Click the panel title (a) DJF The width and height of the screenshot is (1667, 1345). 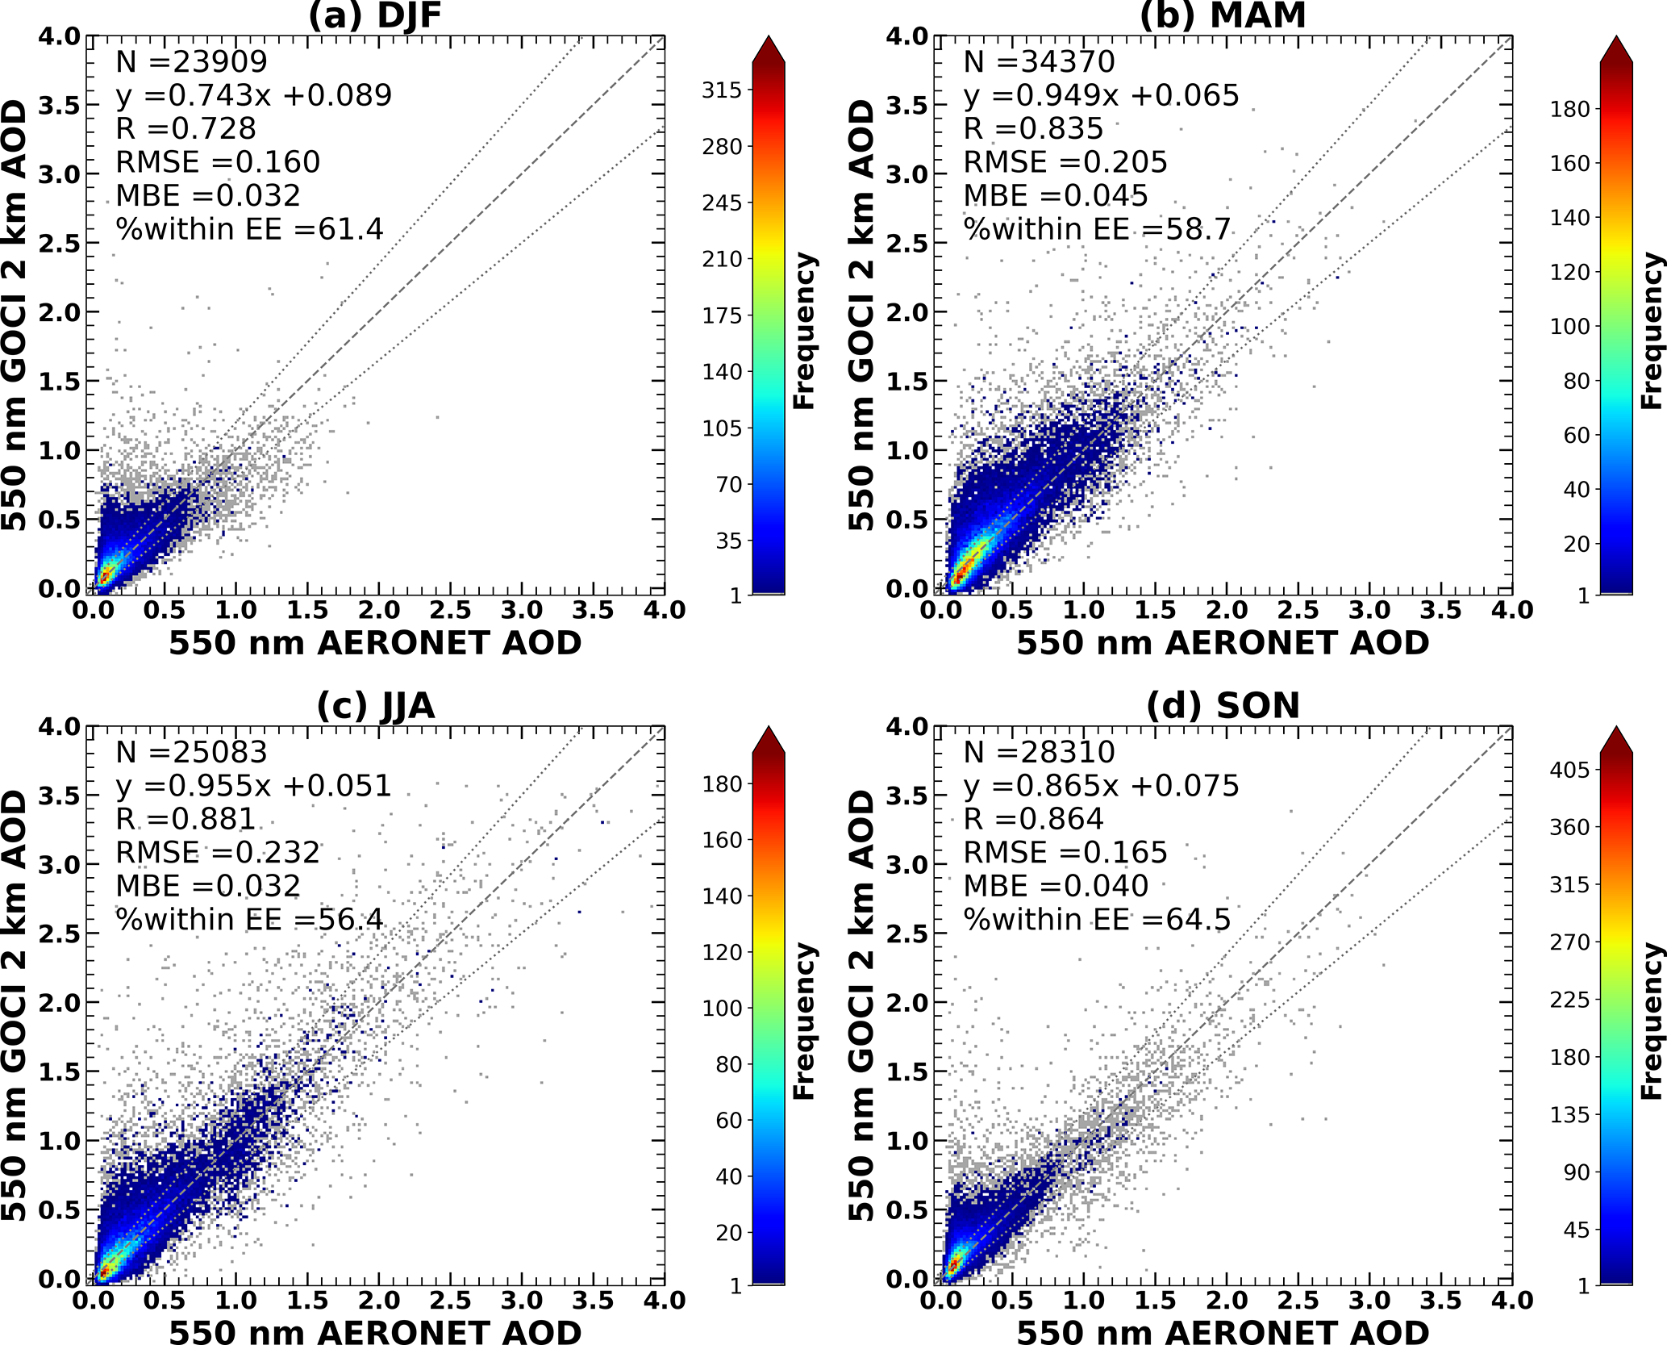pyautogui.click(x=375, y=16)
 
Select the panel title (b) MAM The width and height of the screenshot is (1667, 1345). pyautogui.click(x=1223, y=16)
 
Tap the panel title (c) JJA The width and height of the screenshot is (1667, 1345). pyautogui.click(x=375, y=706)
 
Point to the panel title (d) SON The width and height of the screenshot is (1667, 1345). pyautogui.click(x=1223, y=706)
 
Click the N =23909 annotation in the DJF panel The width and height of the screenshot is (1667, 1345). pyautogui.click(x=191, y=61)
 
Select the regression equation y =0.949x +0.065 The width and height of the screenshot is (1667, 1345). pyautogui.click(x=1101, y=95)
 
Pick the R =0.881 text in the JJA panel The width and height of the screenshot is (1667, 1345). pyautogui.click(x=185, y=819)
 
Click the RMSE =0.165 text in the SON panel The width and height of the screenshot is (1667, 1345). pyautogui.click(x=1065, y=853)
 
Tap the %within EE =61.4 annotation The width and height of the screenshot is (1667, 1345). pyautogui.click(x=249, y=230)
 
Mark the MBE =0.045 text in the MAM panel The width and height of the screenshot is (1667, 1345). pyautogui.click(x=1056, y=196)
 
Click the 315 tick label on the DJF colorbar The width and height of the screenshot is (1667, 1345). pyautogui.click(x=721, y=90)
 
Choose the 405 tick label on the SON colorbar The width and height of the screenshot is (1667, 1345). pyautogui.click(x=1569, y=770)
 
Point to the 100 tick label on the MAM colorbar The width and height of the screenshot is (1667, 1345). pyautogui.click(x=1569, y=327)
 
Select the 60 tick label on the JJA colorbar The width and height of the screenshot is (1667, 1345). pyautogui.click(x=729, y=1120)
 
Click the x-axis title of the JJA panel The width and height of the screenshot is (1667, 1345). pyautogui.click(x=375, y=1331)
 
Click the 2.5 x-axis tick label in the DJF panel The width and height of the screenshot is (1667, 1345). pyautogui.click(x=451, y=610)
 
